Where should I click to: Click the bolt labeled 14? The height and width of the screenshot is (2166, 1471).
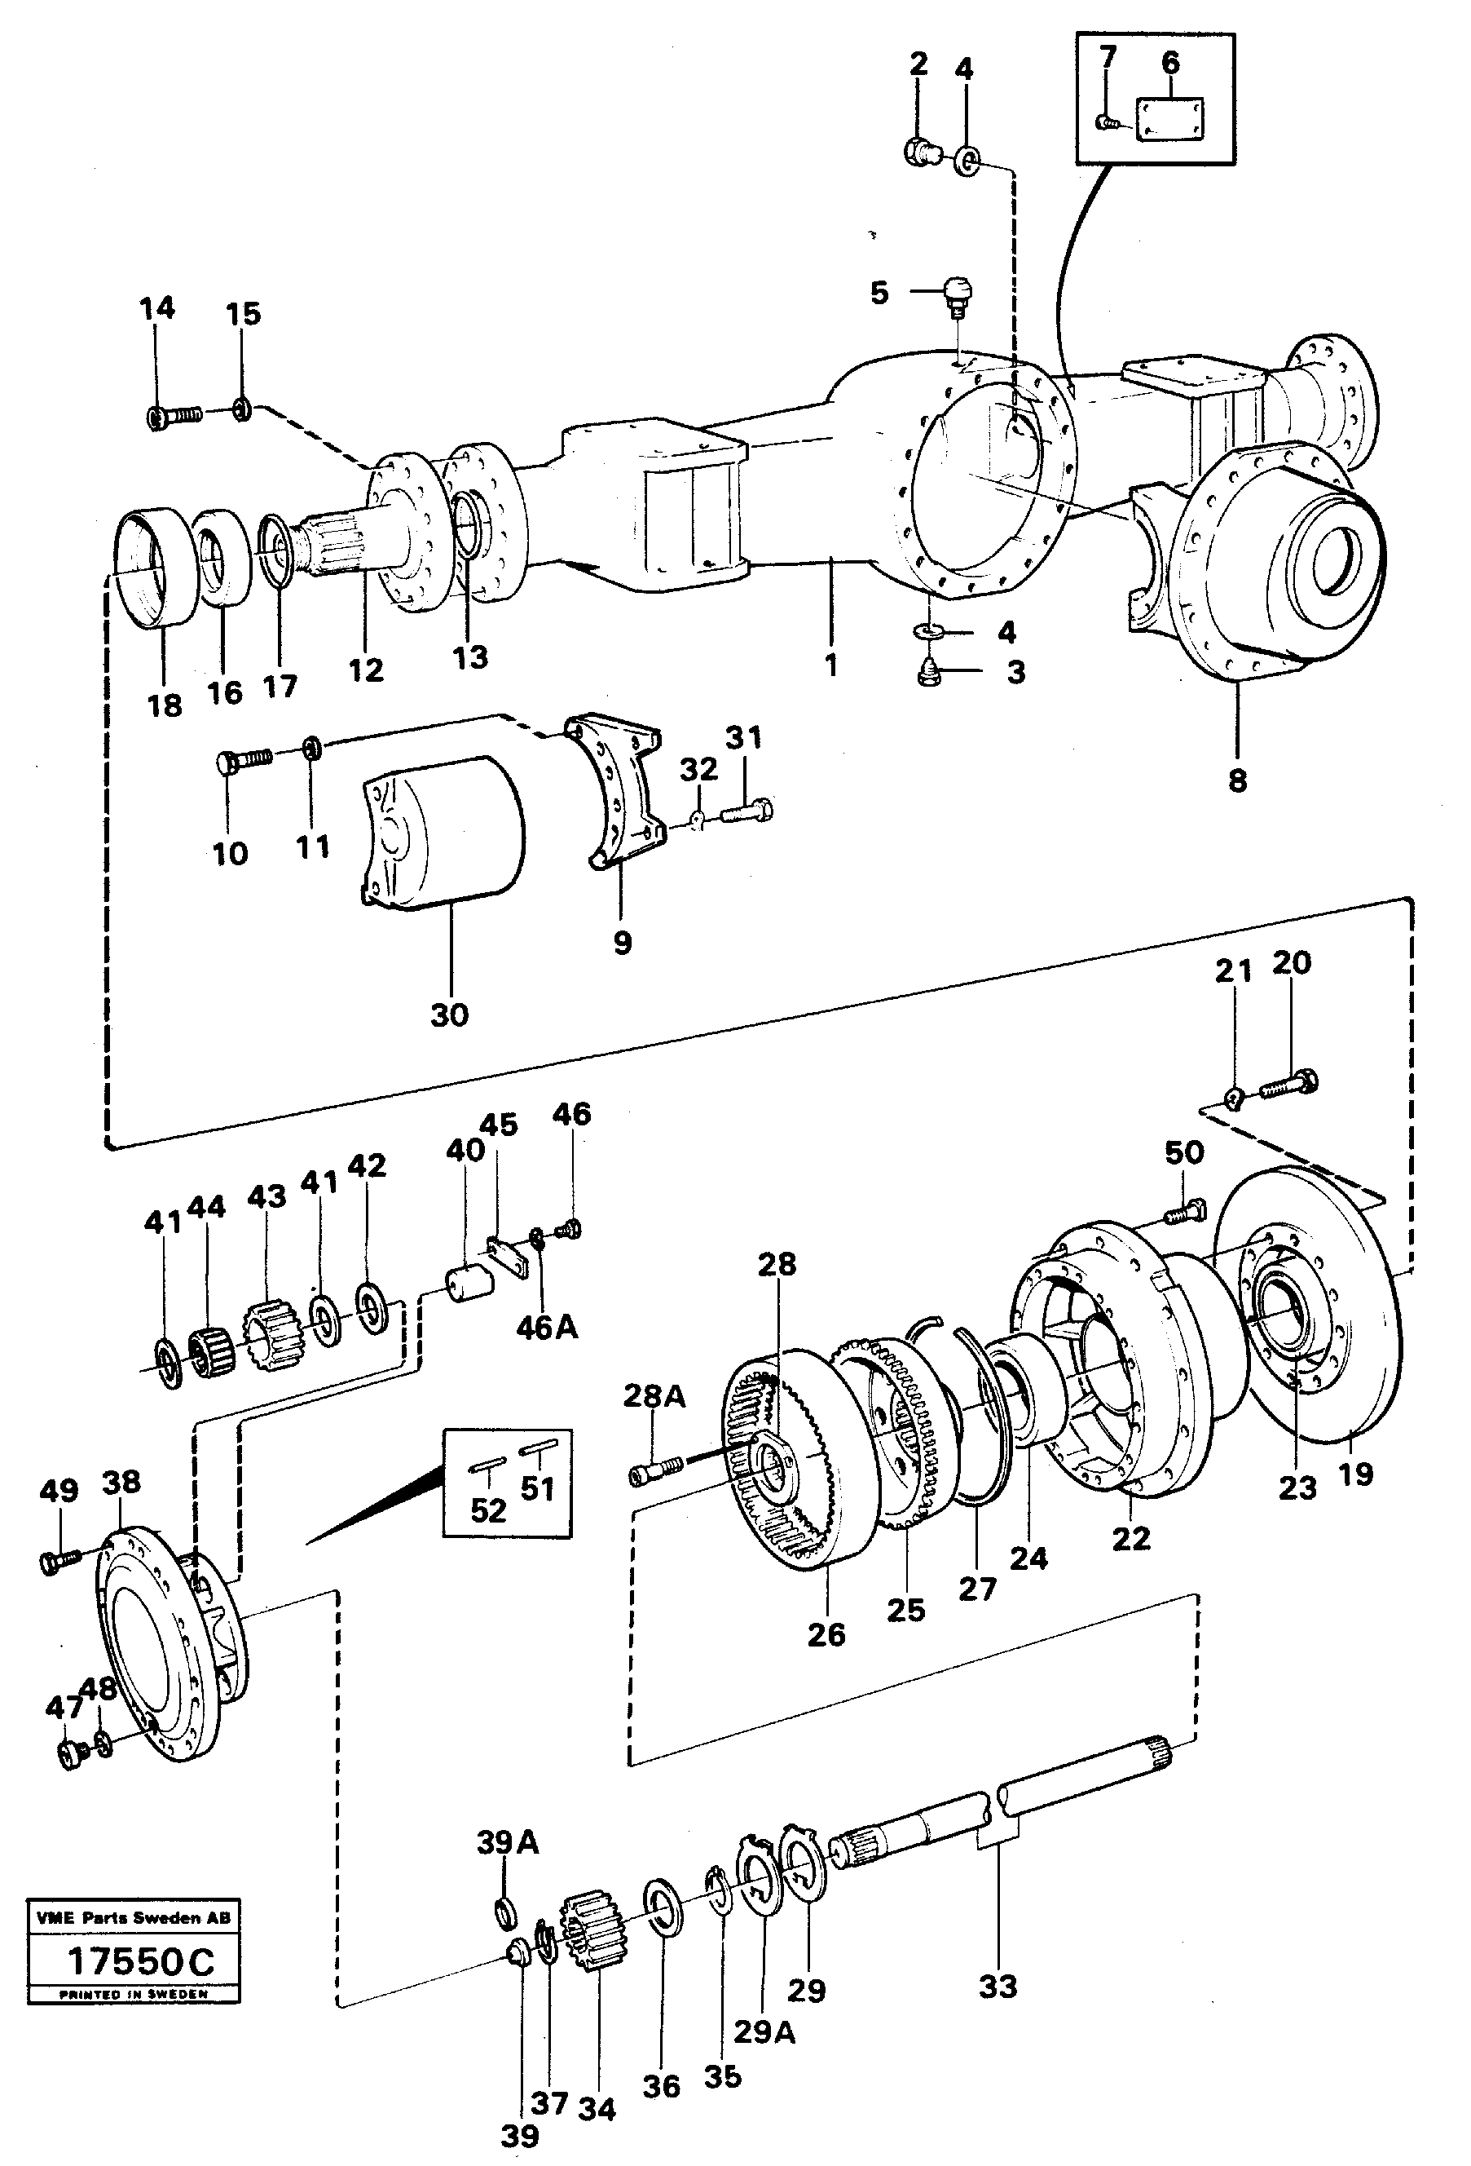tap(174, 416)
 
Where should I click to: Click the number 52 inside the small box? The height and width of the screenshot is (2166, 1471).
tap(488, 1510)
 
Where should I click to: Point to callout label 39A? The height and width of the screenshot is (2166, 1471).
tap(508, 1842)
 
